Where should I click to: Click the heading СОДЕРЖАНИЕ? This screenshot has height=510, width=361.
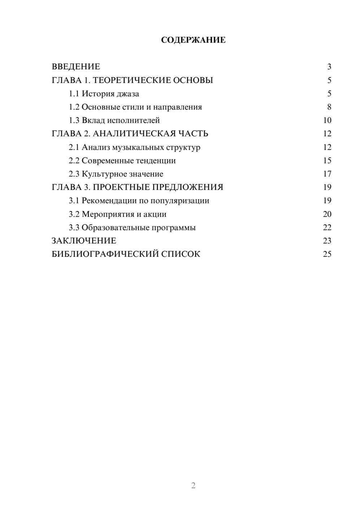(193, 40)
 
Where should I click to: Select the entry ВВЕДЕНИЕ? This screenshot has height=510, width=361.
(76, 67)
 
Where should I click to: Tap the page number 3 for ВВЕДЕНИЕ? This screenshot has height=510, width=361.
(329, 67)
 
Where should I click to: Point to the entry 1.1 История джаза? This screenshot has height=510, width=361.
(104, 94)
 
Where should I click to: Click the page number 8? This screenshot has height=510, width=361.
(329, 107)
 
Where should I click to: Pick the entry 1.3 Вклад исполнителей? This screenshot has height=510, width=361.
(114, 120)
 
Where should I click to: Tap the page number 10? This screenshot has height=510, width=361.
(327, 120)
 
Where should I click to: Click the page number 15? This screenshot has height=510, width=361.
(327, 161)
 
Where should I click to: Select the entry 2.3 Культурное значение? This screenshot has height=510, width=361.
(116, 174)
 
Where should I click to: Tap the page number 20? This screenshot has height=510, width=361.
(327, 214)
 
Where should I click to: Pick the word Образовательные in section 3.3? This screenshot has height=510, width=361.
(115, 228)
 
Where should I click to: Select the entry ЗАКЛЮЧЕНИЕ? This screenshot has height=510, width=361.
(84, 241)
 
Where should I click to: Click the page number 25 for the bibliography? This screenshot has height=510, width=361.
(327, 254)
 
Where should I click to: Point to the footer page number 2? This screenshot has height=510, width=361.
(193, 485)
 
